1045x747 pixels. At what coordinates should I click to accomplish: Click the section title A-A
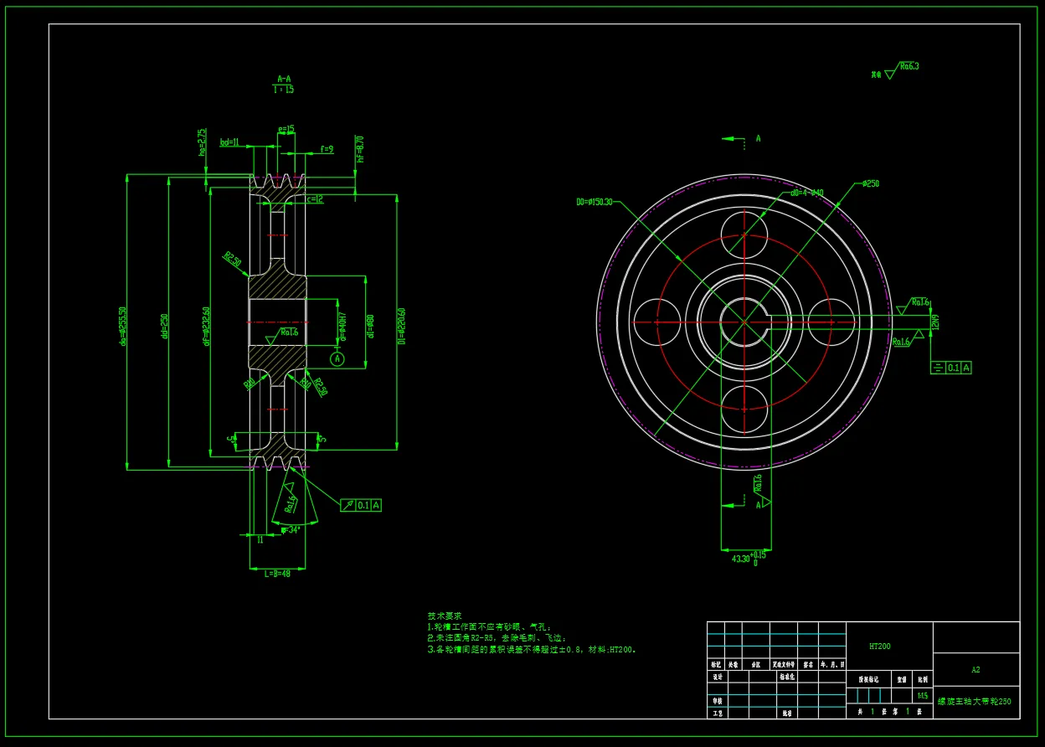284,77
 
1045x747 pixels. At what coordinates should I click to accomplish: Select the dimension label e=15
286,130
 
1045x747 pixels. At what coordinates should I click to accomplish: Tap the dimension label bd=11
229,142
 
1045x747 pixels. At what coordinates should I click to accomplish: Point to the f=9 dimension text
327,149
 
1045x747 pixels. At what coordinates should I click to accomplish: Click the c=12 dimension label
315,199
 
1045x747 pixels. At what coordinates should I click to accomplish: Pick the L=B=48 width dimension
277,574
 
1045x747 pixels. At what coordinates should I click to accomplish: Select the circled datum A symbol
337,359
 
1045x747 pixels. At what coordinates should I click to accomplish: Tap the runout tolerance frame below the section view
362,505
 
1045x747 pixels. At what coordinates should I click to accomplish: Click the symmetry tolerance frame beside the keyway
951,367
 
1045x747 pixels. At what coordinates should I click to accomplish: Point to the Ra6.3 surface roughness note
909,66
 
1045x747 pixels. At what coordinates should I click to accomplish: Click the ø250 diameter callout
870,183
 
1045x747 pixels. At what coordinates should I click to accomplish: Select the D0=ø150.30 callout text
595,202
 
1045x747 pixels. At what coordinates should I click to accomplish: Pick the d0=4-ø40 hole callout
807,193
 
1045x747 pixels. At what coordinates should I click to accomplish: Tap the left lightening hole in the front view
656,322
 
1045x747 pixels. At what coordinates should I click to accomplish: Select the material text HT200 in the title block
879,647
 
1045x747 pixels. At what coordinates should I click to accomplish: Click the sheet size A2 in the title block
976,670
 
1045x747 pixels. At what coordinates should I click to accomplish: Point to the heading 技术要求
444,616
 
